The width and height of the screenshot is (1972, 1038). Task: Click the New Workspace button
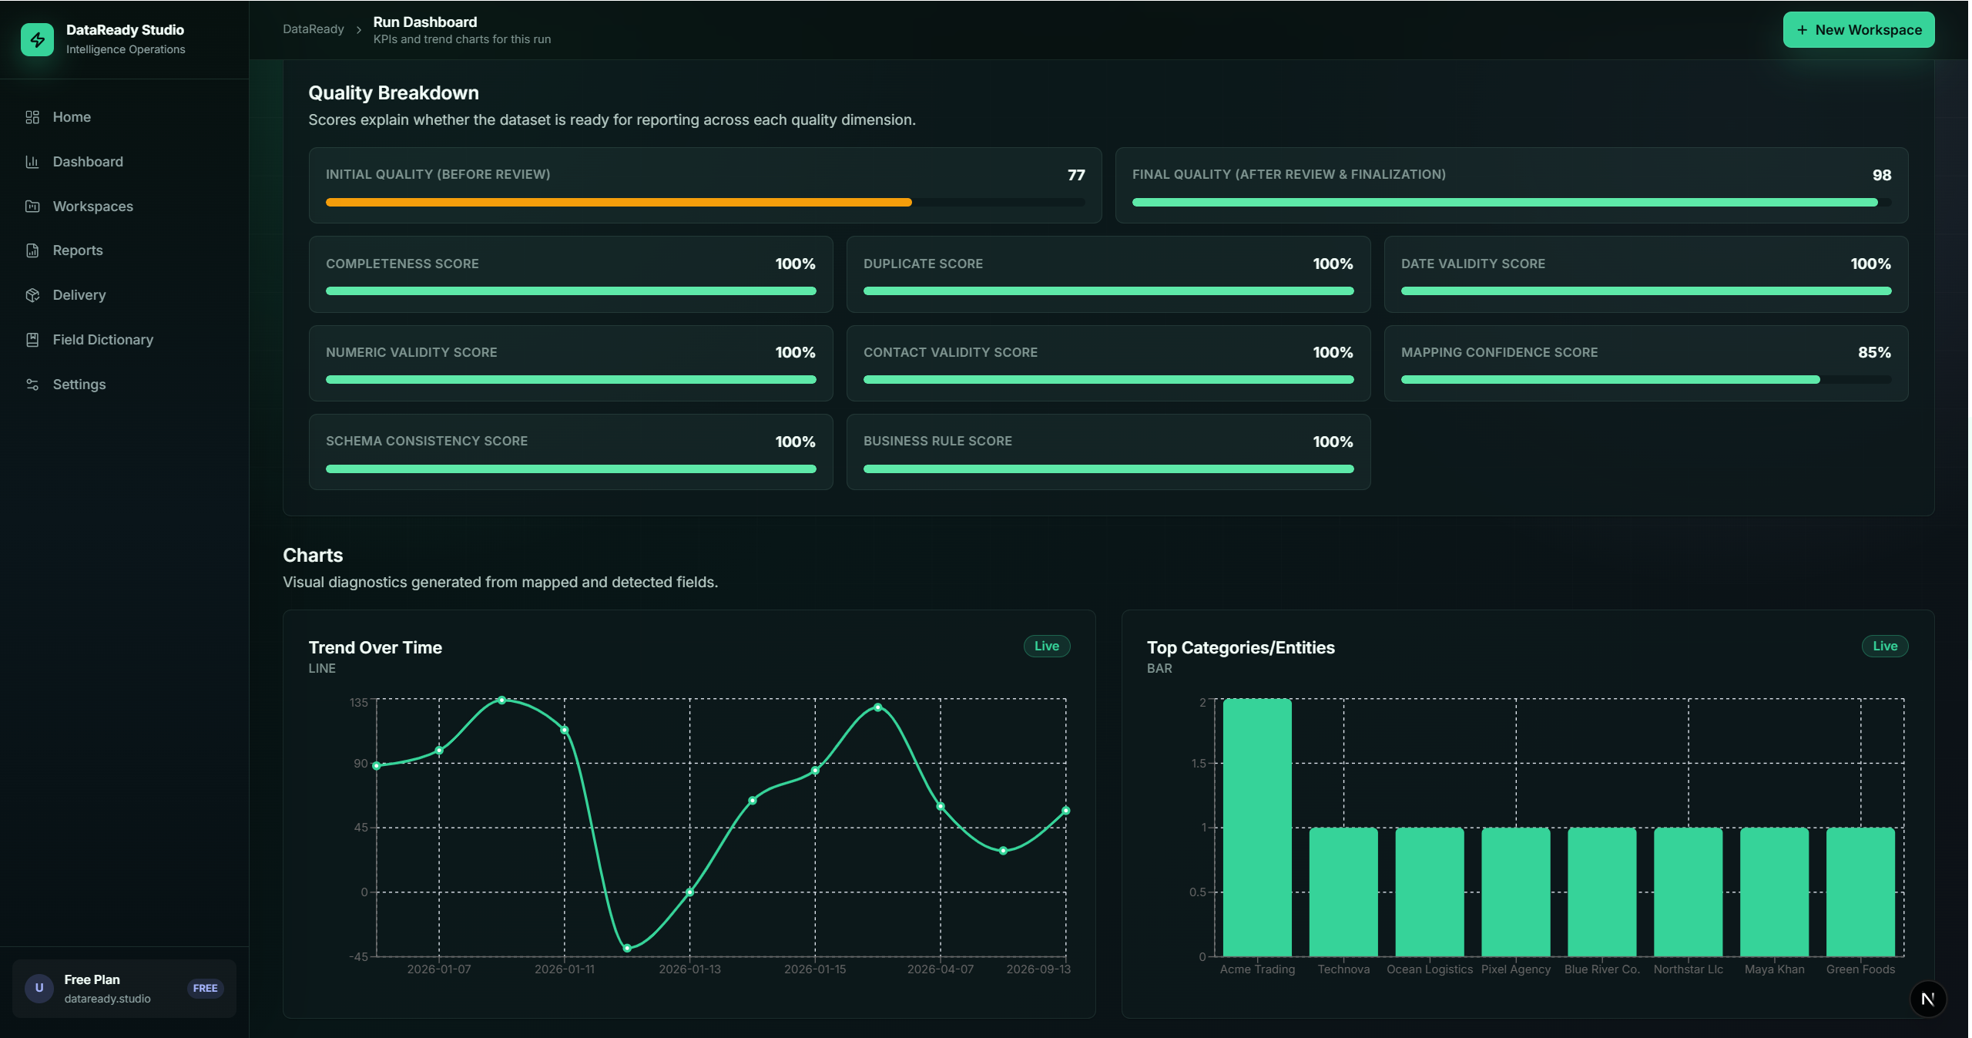click(x=1858, y=30)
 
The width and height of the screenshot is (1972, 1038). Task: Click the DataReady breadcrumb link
click(x=314, y=29)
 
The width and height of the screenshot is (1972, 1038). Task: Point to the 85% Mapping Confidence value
click(x=1874, y=352)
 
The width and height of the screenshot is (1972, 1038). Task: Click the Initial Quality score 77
click(x=1076, y=175)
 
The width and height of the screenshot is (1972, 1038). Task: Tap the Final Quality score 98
click(x=1882, y=175)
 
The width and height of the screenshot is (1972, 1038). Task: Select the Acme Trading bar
click(x=1257, y=828)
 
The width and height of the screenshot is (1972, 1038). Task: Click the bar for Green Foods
click(x=1860, y=892)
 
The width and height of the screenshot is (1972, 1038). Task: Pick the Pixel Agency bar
click(x=1516, y=892)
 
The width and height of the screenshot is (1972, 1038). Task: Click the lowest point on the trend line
click(x=627, y=948)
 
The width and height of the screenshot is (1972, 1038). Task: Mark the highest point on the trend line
click(x=502, y=700)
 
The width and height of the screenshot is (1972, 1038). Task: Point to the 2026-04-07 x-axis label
click(x=940, y=969)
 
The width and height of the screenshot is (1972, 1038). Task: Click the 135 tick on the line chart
click(x=359, y=702)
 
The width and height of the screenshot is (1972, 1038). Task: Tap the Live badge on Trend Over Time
click(x=1046, y=646)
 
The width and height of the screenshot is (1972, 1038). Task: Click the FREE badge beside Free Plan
click(x=205, y=988)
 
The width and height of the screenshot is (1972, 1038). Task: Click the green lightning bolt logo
click(x=37, y=39)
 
